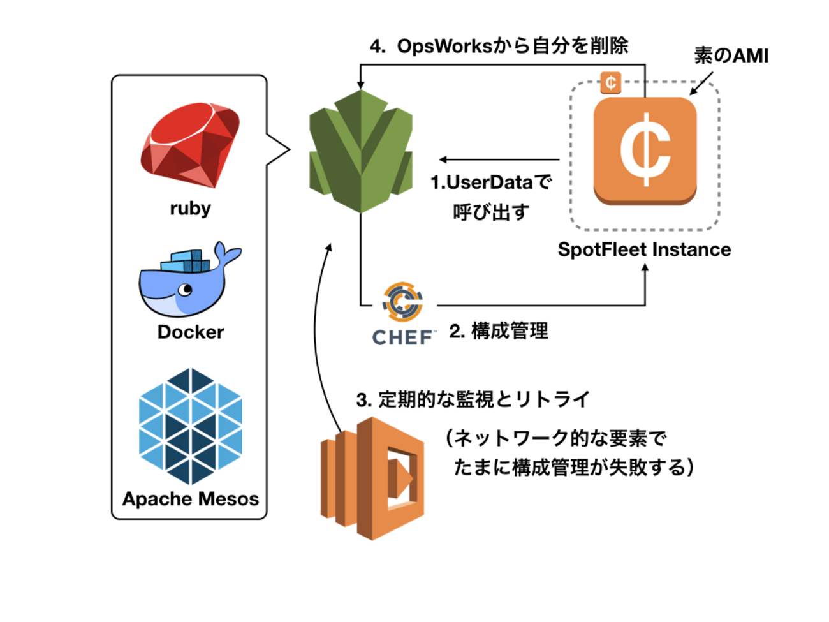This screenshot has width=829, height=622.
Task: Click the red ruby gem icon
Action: (190, 145)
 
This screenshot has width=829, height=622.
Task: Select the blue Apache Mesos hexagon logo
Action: (191, 426)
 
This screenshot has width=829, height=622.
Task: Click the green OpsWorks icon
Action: (361, 152)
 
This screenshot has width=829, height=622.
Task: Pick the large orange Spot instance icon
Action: (645, 151)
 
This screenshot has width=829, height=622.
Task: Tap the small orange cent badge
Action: (611, 82)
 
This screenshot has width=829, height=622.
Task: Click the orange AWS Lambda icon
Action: (372, 478)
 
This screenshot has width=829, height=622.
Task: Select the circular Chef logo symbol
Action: (403, 301)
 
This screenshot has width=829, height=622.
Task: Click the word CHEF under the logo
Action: (402, 337)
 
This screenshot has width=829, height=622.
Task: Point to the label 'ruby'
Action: (190, 209)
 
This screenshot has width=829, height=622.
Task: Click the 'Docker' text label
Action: (191, 332)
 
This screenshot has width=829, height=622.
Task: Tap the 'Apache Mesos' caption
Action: (191, 499)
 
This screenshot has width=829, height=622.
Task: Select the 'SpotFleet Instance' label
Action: (644, 249)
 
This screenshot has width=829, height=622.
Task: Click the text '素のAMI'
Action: (731, 56)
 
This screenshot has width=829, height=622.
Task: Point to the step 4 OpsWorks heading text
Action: (499, 46)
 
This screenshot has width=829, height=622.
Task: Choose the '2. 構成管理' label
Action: (499, 331)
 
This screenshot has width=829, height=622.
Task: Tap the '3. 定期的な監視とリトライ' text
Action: (473, 400)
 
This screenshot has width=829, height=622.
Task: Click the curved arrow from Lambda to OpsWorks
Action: (317, 332)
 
